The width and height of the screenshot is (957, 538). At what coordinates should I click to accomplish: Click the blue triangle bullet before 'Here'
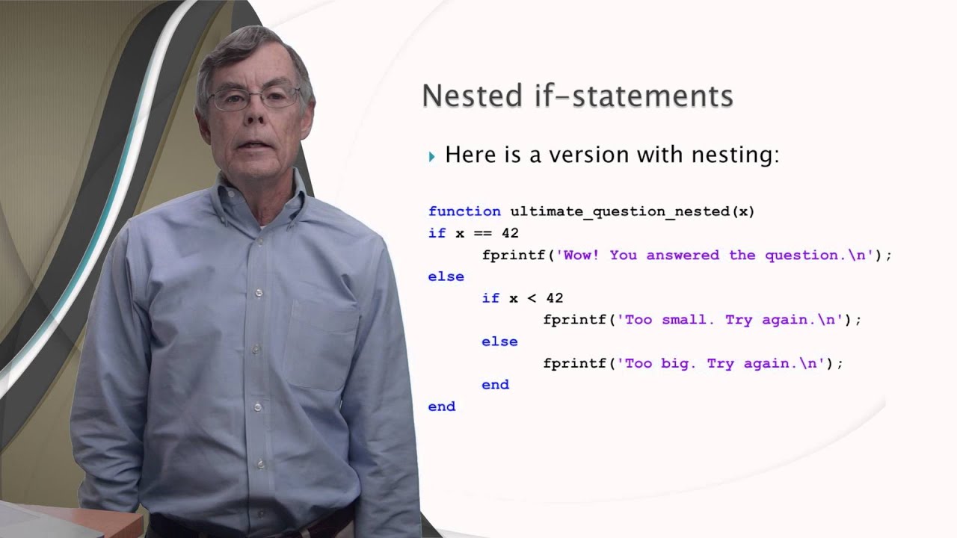tap(431, 156)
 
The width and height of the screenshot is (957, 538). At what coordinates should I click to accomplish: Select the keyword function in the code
tap(464, 211)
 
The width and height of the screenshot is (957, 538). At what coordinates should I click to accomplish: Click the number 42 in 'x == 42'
tap(509, 233)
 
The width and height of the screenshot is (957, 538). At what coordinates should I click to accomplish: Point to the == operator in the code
tap(482, 233)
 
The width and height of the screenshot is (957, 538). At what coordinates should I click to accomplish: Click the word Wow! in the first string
tap(581, 255)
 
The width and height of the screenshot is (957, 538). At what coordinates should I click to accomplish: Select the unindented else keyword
tap(446, 276)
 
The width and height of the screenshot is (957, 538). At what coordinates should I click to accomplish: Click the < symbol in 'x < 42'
tap(532, 298)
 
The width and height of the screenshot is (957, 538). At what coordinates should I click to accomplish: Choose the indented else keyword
tap(499, 341)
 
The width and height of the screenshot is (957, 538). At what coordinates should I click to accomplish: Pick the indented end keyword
tap(495, 385)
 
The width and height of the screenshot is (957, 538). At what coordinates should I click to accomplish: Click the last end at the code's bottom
tap(441, 406)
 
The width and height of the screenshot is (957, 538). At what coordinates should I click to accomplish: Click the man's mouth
tap(253, 144)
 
